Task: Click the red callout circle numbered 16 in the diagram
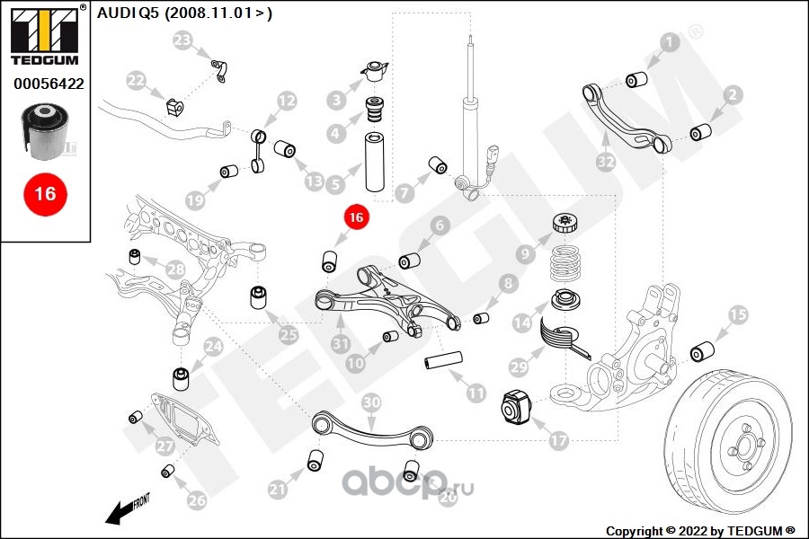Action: pos(355,217)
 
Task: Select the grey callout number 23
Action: pos(182,40)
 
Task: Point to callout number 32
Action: pos(605,163)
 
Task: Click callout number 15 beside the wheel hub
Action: pos(737,314)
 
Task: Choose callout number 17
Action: pos(558,441)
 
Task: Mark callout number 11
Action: pos(476,393)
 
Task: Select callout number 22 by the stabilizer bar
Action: pos(135,81)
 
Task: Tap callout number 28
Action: pos(174,269)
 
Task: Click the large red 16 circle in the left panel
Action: pos(45,193)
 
